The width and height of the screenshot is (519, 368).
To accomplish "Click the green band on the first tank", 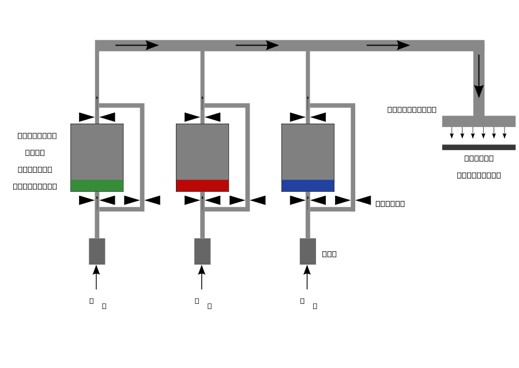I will coord(97,185).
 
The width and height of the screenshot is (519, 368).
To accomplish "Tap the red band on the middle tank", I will coord(202,185).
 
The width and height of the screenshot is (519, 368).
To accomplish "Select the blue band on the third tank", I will coord(308,185).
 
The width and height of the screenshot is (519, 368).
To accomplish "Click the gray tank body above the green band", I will coord(97,151).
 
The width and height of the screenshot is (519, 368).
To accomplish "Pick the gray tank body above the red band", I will coord(202,151).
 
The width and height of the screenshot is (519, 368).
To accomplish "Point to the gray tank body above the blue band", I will coord(308,151).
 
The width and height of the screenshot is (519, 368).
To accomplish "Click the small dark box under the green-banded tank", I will coord(97,251).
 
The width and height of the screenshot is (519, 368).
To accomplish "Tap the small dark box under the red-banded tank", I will coord(202,251).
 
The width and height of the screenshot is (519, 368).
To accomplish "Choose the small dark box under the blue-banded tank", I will coord(307,251).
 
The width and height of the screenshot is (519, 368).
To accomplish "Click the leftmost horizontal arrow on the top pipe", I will coord(137,45).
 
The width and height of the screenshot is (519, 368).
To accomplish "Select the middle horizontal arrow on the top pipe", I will coord(257,45).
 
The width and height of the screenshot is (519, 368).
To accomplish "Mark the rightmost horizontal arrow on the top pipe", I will coord(388,45).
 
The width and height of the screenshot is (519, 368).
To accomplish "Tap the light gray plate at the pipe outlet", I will coord(479,121).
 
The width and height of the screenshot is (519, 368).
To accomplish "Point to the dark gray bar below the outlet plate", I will coord(479,147).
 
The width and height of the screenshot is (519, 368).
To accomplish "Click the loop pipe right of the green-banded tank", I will coord(142,157).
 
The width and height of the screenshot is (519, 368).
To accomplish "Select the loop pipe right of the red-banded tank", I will coord(247,157).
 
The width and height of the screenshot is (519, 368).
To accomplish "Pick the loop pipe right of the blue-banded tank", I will coord(353,157).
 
